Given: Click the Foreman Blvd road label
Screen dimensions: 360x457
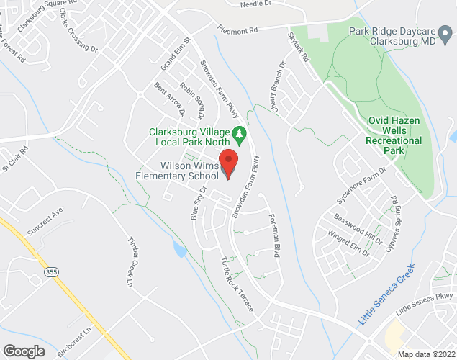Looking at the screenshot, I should [x=274, y=235].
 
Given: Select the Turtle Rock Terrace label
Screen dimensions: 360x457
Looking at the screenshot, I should [x=238, y=284].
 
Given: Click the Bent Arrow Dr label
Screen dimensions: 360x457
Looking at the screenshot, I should [x=170, y=99].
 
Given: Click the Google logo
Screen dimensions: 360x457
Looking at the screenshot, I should [x=24, y=351].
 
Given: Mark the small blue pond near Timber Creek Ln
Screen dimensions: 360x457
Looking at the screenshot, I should [x=178, y=249].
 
